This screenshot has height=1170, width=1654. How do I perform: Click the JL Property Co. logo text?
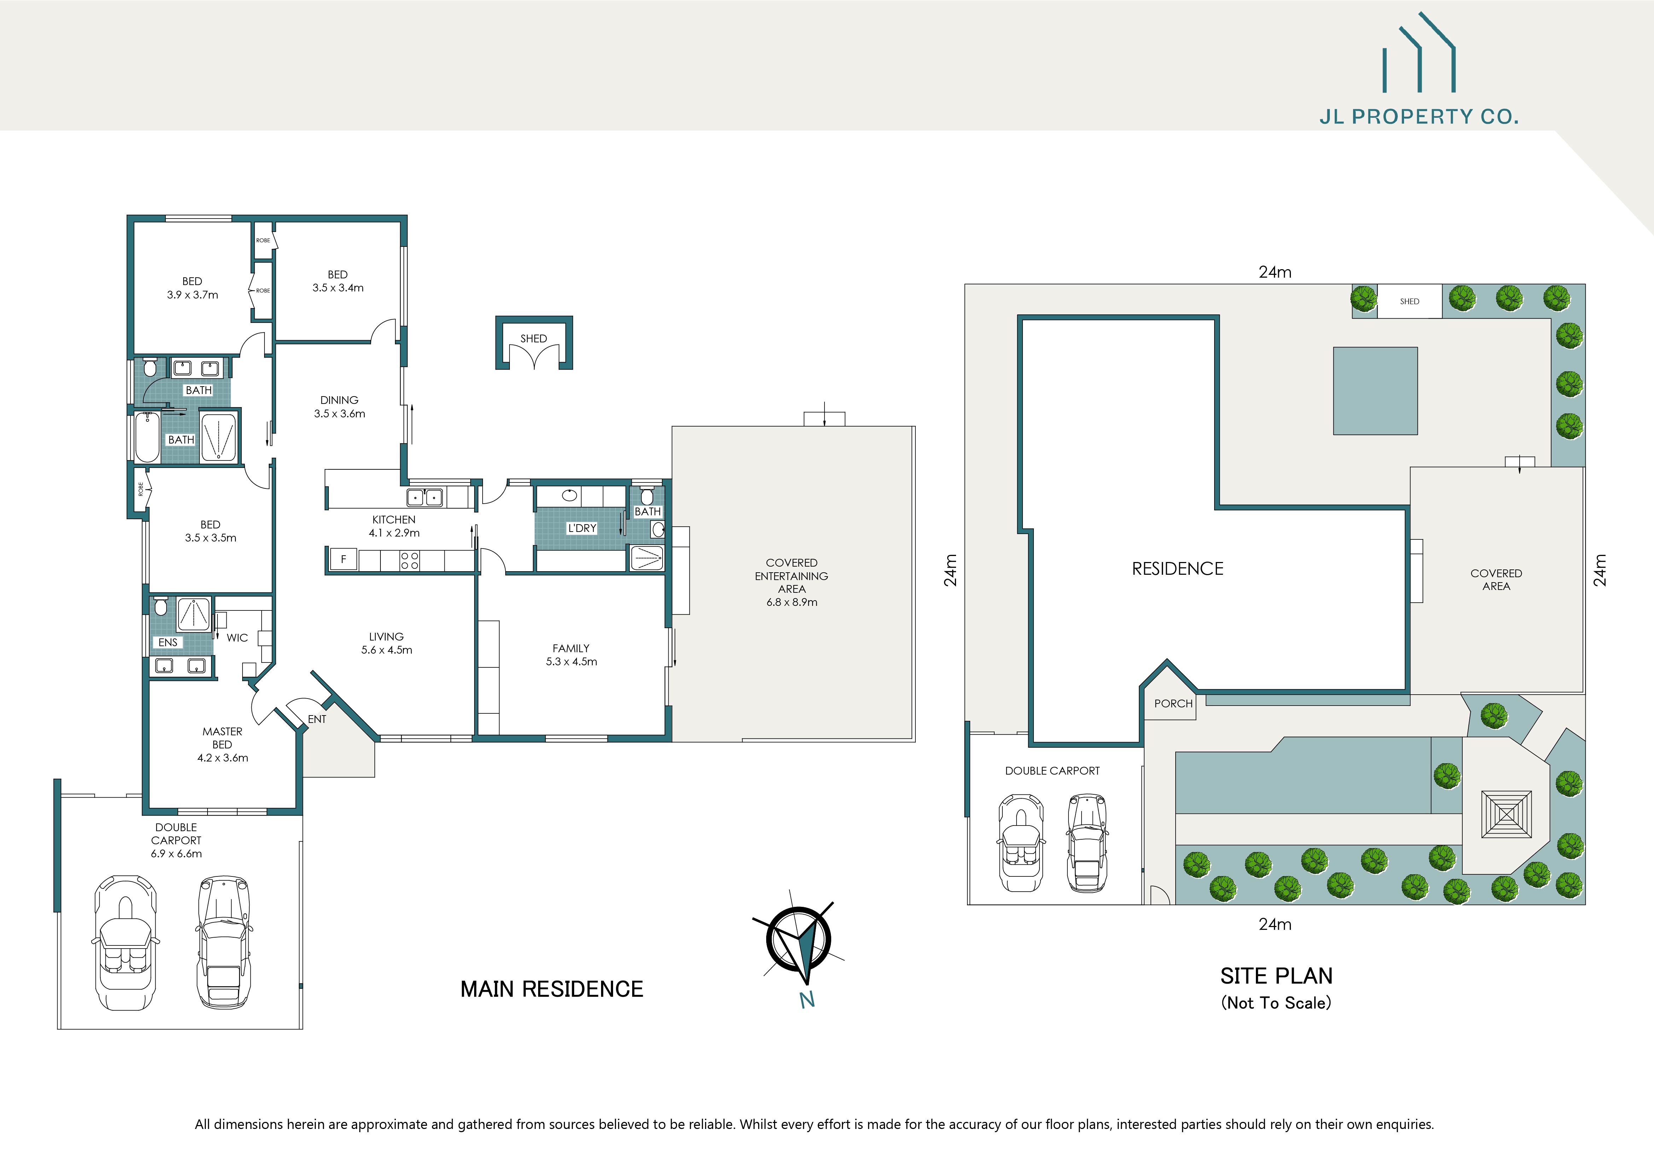click(x=1419, y=117)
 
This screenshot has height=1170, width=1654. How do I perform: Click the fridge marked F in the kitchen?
click(x=344, y=559)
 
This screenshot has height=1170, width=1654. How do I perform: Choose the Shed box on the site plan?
click(x=1409, y=301)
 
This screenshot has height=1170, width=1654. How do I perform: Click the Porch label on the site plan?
click(x=1173, y=703)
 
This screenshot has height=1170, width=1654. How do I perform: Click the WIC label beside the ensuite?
click(x=237, y=638)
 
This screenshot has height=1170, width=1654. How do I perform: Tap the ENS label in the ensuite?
click(x=168, y=642)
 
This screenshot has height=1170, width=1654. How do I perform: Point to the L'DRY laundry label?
click(x=582, y=528)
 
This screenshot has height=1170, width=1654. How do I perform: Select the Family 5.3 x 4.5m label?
click(x=571, y=655)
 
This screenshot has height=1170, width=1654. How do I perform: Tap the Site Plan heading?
click(x=1276, y=976)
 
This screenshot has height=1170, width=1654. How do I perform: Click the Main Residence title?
click(x=552, y=989)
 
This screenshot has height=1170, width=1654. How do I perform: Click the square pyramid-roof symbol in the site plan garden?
click(x=1506, y=814)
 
